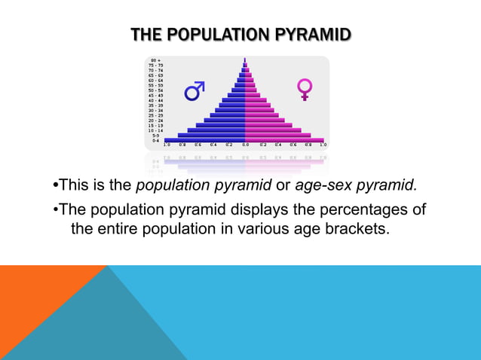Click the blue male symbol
coord(195,90)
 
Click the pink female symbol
coord(305,89)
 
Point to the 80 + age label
coord(155,59)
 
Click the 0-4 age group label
coord(155,140)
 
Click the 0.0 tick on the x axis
coord(245,145)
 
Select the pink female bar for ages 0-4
coord(284,140)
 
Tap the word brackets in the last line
coord(359,228)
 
